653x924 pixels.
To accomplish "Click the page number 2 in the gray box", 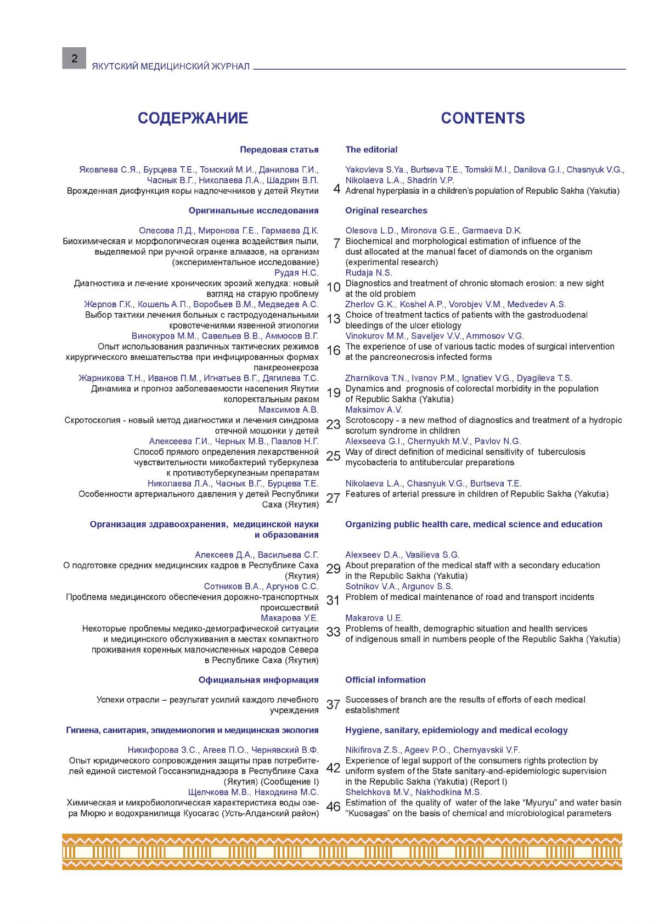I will [74, 58].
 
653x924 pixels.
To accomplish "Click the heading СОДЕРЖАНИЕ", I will [193, 118].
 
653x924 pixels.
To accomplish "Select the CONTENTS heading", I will [482, 118].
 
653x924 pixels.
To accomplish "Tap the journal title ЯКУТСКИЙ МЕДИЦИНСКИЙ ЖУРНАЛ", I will [171, 66].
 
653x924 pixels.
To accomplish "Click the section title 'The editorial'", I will [371, 149].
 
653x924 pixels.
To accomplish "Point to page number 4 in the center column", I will [336, 190].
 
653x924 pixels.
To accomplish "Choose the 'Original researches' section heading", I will [386, 210].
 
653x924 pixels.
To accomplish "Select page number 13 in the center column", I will [334, 319].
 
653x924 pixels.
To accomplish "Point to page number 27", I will [334, 498].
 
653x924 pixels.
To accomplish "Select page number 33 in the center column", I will [334, 632].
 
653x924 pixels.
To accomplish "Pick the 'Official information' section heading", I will [385, 680].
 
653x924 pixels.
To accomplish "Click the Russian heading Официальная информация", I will [258, 680].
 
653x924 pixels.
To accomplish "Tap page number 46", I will [334, 807].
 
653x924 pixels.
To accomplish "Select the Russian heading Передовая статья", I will [279, 149].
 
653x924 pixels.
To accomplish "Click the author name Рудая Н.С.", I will [296, 273].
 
